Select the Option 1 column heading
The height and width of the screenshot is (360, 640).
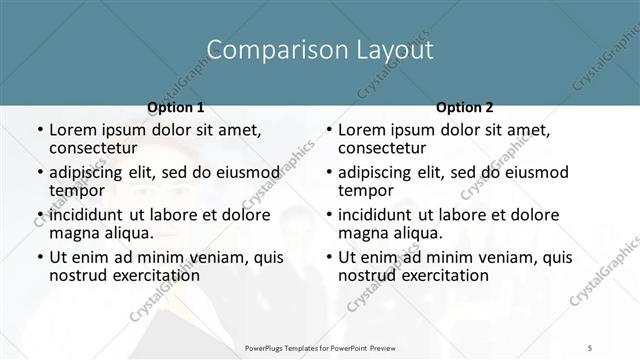[176, 107]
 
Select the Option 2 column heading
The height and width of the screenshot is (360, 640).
[465, 107]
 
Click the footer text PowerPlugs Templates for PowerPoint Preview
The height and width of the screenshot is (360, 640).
[319, 348]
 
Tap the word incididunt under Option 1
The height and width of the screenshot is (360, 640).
[90, 215]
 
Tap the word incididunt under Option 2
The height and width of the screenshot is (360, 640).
[379, 215]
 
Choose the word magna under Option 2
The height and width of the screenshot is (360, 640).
[362, 233]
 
